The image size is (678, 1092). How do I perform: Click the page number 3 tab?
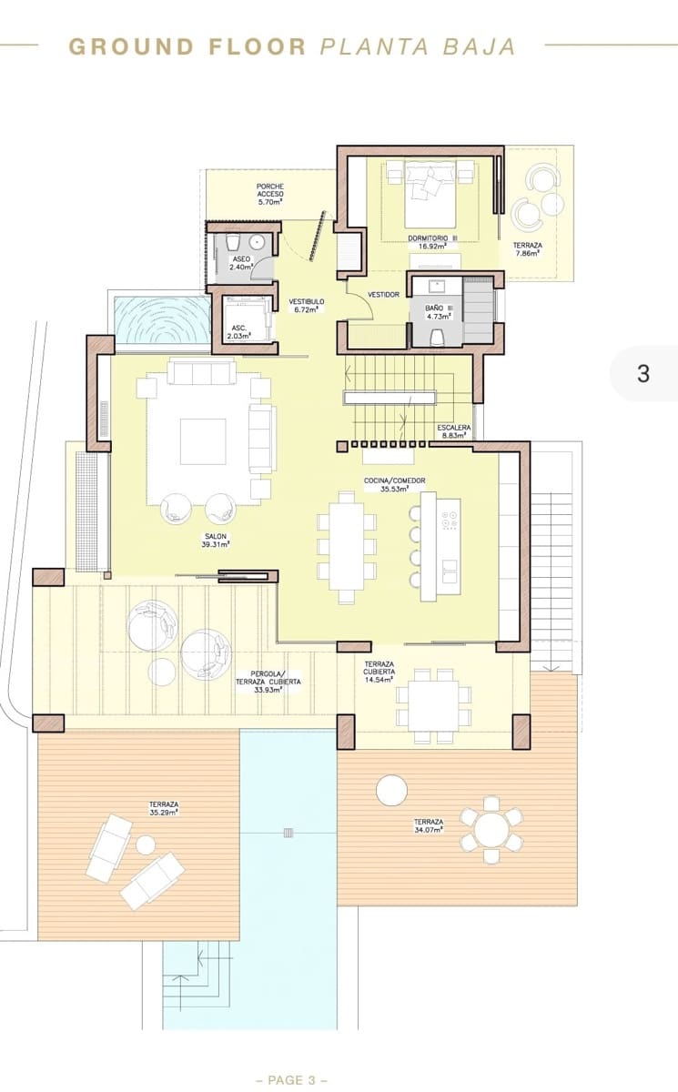tap(643, 373)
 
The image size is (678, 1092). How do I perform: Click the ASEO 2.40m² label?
tap(240, 264)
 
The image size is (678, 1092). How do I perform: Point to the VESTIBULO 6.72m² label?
tap(307, 305)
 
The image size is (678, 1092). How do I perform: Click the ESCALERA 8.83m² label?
tap(453, 431)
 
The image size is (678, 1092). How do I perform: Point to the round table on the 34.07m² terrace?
tap(492, 828)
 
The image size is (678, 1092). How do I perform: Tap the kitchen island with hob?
tap(440, 547)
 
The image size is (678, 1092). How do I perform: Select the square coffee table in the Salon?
tap(202, 441)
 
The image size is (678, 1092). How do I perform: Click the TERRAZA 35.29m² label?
tap(165, 809)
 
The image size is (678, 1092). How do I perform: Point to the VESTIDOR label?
tap(383, 294)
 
